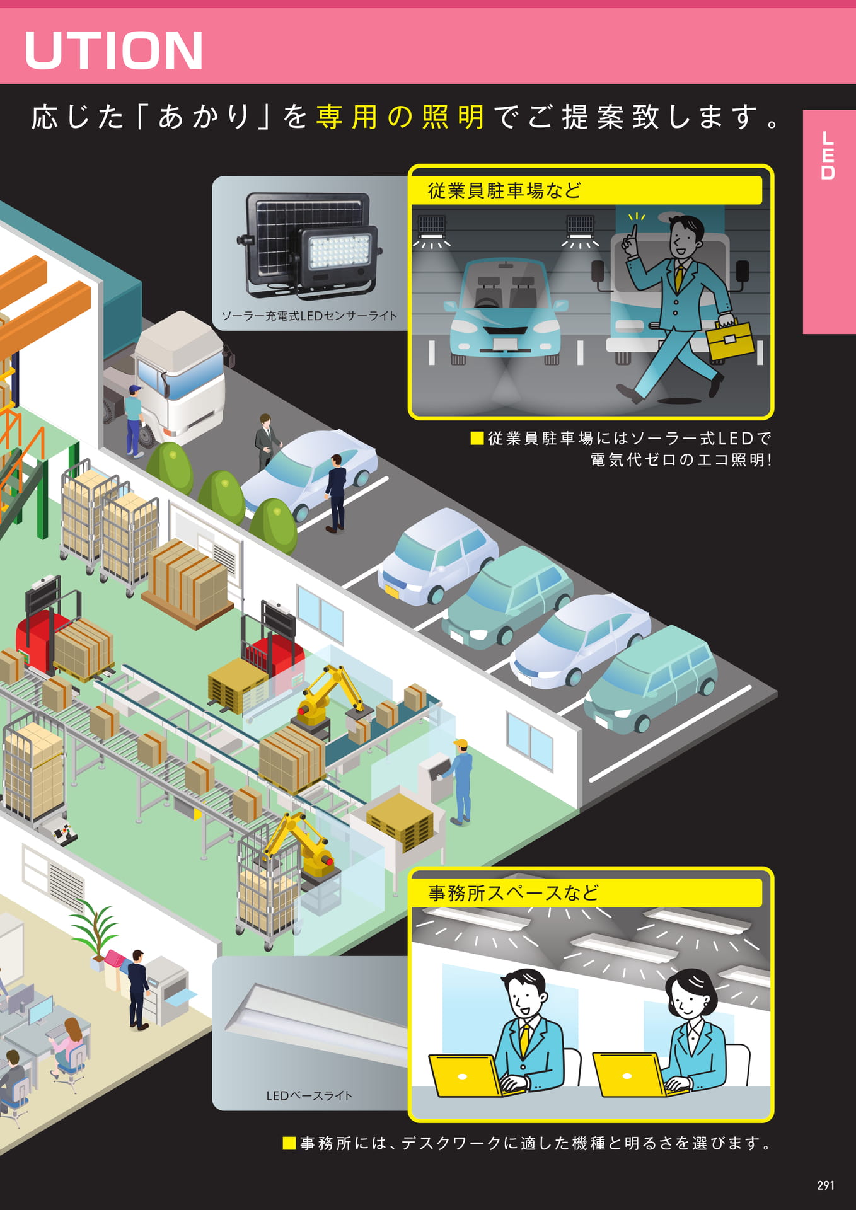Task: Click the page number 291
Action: coord(825,1185)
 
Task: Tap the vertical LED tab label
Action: coord(828,155)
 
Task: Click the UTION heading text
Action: coord(113,50)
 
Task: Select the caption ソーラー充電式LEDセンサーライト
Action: coord(309,316)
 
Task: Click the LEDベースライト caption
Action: coord(309,1095)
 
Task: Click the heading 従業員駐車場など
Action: coord(504,190)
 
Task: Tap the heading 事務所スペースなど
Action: coord(513,892)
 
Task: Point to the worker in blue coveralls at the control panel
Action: coord(461,781)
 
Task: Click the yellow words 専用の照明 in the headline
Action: coord(400,117)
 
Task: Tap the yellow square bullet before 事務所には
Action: coord(289,1143)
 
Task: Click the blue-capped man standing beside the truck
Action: coord(134,420)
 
